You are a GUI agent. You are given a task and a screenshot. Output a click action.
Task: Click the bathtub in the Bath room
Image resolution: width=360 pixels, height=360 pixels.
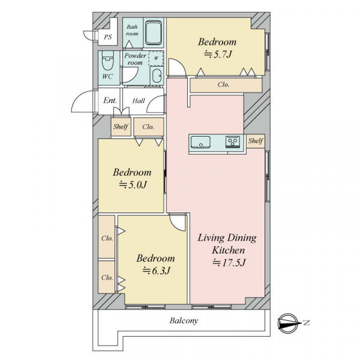point(154,32)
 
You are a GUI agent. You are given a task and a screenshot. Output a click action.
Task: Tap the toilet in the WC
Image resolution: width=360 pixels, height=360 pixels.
point(107,61)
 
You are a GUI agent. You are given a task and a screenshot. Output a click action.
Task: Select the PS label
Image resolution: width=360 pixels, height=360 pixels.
point(107,37)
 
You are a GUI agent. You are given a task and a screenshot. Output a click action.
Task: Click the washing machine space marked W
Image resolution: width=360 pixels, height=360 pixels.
point(156,58)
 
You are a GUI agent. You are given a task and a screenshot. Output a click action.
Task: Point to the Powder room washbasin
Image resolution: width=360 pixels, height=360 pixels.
point(157,76)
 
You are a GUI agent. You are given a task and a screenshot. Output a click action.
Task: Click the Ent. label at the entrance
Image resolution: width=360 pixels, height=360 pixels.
point(110,100)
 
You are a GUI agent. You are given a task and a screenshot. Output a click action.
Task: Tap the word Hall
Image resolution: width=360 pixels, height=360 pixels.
point(139,101)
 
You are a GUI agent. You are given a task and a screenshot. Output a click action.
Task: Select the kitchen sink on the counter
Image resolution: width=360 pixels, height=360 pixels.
point(200,142)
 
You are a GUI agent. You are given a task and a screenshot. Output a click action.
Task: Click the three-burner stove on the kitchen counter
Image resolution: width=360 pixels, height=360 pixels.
point(233,142)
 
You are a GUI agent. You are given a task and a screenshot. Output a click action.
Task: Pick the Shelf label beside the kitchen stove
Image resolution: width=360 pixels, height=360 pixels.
point(256,140)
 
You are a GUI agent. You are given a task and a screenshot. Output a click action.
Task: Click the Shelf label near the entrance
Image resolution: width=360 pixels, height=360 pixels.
point(121,127)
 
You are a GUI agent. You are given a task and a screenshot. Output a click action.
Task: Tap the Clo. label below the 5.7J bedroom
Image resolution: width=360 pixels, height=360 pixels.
point(223,85)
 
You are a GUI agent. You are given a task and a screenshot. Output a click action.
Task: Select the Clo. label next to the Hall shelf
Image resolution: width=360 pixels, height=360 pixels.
point(148,127)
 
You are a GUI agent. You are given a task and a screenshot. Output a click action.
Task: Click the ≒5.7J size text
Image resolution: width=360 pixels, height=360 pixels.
point(218,55)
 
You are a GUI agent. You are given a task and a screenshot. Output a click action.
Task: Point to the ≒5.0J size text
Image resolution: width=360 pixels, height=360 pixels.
point(133,185)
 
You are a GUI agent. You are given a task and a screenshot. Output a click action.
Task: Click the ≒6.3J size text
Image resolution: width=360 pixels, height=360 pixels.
point(157,271)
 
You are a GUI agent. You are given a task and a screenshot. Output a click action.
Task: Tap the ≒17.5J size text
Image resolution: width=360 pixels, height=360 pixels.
point(229,262)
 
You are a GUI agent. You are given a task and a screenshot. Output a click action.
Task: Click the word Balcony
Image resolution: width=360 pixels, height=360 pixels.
point(184,320)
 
